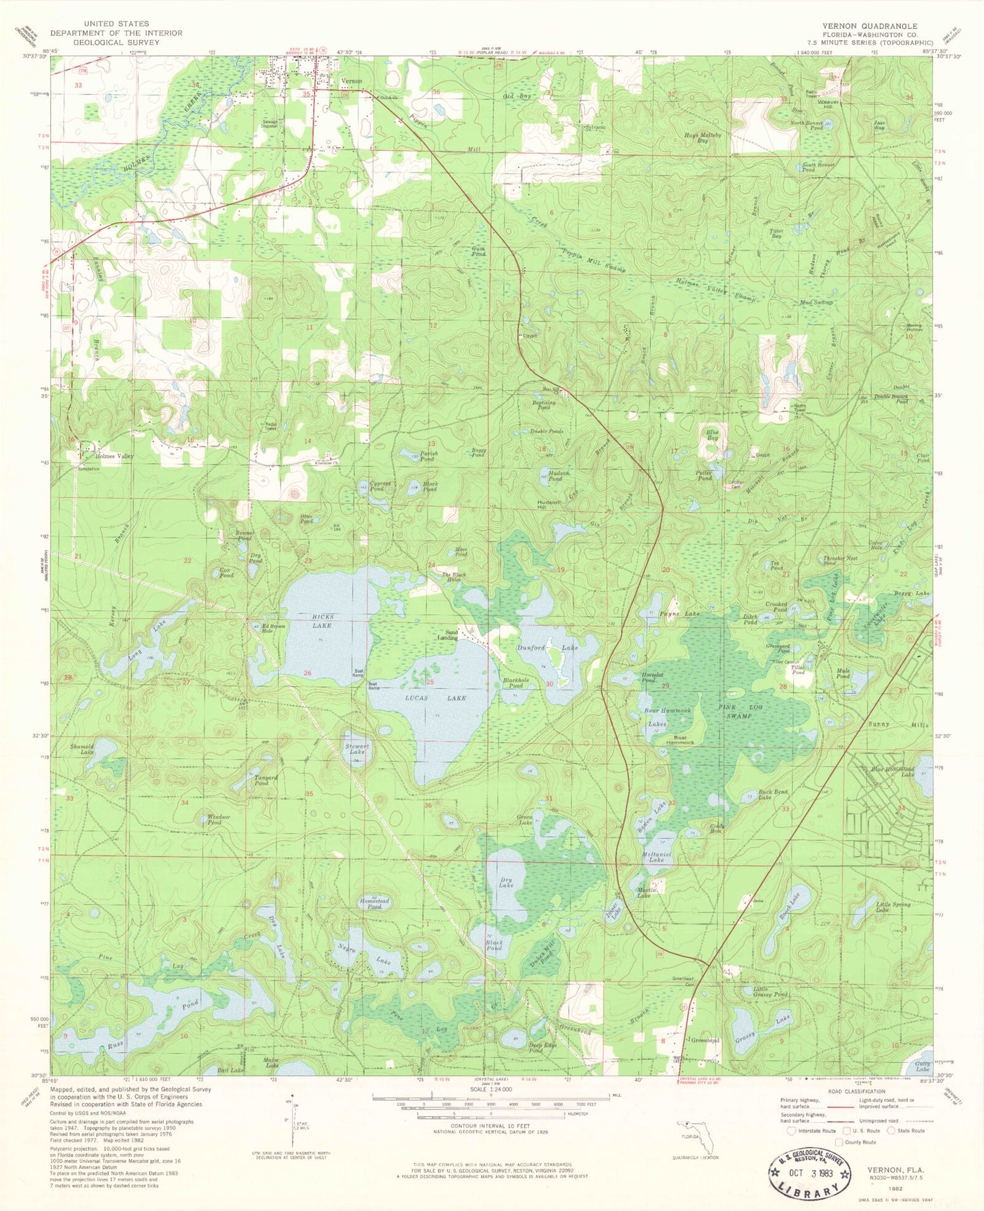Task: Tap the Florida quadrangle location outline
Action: coord(696,1136)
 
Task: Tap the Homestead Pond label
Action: coord(374,903)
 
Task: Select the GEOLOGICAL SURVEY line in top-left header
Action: coord(116,41)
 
